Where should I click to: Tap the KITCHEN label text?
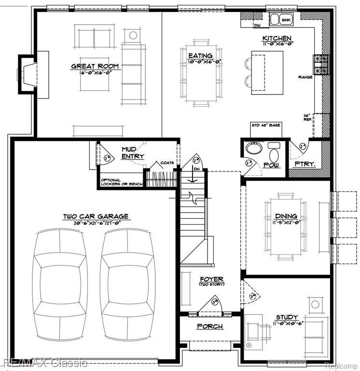click(277, 38)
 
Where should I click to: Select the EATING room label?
click(200, 56)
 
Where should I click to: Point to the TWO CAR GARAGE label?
click(95, 217)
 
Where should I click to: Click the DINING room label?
click(286, 216)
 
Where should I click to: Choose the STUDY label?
click(287, 317)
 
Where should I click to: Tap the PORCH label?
click(210, 327)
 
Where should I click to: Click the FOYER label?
click(211, 279)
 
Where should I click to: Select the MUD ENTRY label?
click(132, 153)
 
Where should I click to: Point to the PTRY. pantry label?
click(305, 164)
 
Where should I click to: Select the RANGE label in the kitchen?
click(305, 77)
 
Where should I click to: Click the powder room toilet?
click(274, 154)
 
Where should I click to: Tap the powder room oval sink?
click(252, 148)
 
